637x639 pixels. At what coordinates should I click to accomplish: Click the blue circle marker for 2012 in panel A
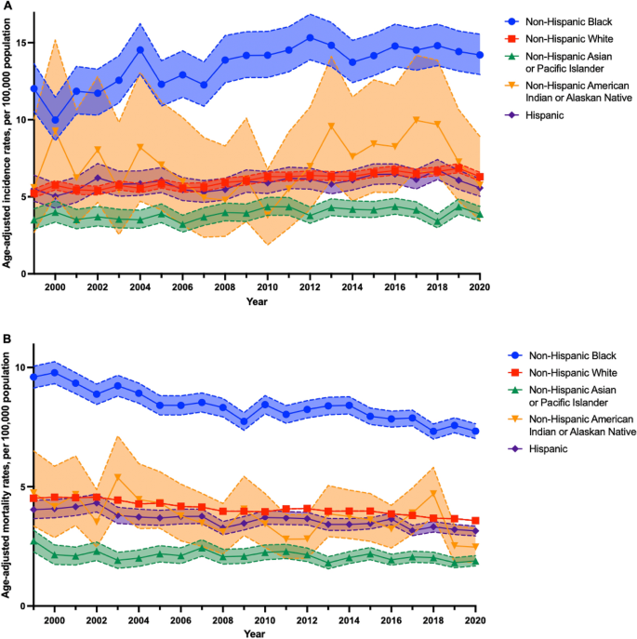click(310, 38)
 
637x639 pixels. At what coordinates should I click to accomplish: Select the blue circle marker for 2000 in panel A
click(55, 120)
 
